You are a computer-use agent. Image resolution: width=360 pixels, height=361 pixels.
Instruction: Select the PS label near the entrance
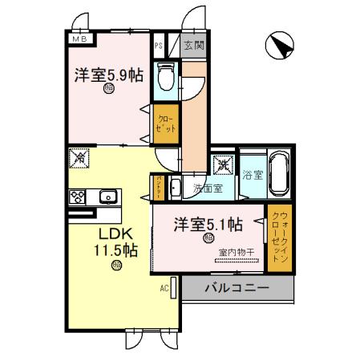159,46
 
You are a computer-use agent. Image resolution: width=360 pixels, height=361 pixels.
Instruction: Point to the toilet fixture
167,76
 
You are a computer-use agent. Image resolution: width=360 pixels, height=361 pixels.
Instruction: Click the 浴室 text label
253,173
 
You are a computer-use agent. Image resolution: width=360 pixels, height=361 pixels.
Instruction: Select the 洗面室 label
208,189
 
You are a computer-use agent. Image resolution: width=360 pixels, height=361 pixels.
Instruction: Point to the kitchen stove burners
79,197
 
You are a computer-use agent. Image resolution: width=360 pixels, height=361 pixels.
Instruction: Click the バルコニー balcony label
237,287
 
